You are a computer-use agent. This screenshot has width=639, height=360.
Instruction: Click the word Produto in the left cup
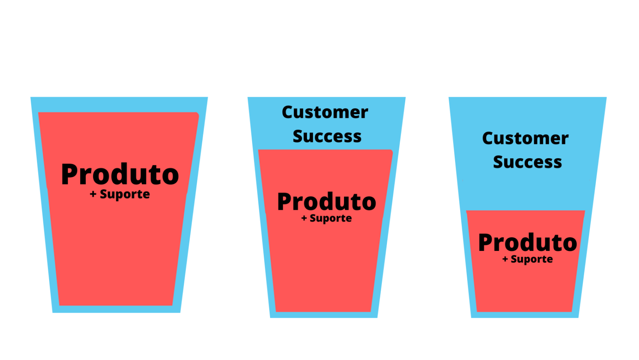click(x=120, y=174)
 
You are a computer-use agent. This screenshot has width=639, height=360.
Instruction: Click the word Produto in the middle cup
click(x=327, y=202)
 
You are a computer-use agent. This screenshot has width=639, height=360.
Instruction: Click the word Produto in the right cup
click(x=528, y=243)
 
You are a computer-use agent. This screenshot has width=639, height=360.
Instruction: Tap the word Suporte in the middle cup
click(x=331, y=218)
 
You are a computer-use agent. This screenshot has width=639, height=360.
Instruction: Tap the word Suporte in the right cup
click(x=532, y=260)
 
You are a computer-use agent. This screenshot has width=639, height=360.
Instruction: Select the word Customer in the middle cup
click(x=325, y=112)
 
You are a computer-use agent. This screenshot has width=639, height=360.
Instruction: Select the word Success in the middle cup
click(x=327, y=136)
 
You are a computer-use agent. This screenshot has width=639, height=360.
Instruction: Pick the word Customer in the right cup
click(x=525, y=139)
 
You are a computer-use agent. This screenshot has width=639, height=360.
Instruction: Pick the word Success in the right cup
click(x=528, y=162)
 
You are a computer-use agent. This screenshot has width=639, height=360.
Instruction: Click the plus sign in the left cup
click(x=93, y=194)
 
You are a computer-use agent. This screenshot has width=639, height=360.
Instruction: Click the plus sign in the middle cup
click(x=304, y=218)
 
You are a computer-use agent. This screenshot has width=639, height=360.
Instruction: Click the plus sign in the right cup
click(x=505, y=259)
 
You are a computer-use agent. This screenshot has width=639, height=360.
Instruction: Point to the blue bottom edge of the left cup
click(x=116, y=310)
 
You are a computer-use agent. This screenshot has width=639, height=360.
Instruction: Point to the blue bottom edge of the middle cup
click(x=324, y=315)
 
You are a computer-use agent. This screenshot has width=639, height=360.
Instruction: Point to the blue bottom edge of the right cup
click(x=525, y=315)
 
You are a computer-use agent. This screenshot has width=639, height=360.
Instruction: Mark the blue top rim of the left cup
click(x=119, y=104)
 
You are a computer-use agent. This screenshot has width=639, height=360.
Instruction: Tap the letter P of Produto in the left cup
click(x=69, y=174)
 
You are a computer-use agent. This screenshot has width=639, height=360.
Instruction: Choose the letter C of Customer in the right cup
click(x=488, y=139)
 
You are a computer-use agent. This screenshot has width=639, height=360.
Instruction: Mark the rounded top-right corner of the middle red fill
click(x=391, y=151)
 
